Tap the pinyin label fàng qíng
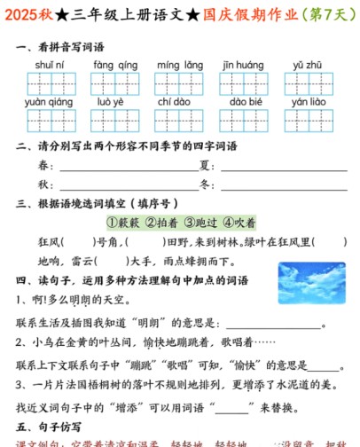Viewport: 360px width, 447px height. (x=115, y=65)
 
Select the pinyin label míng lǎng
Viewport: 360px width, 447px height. (x=180, y=65)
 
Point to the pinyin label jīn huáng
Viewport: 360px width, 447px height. (x=243, y=65)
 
